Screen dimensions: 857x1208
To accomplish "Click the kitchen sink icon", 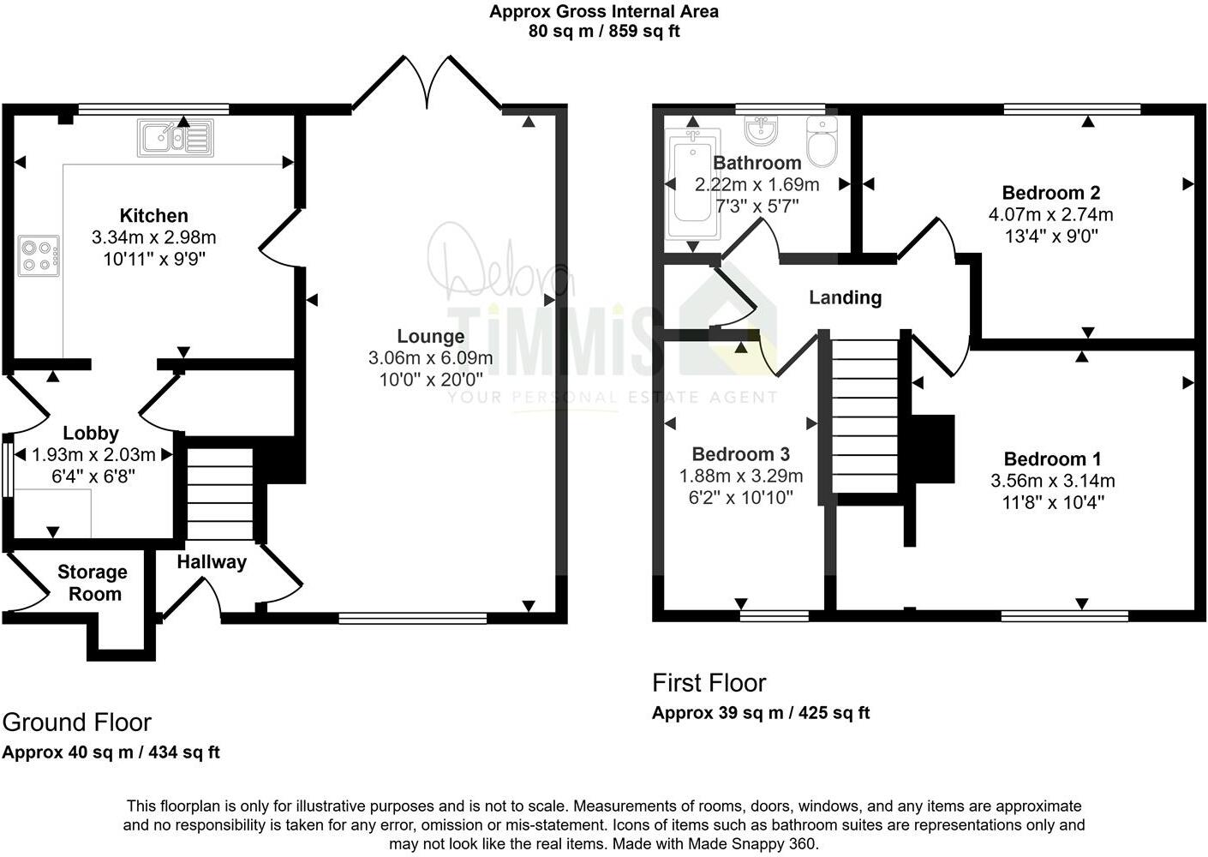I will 175,138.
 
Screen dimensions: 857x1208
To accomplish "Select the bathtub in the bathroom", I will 693,183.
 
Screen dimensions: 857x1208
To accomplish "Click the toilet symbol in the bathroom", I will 821,142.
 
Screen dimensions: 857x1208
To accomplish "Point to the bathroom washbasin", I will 761,129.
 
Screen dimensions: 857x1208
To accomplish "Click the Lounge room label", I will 430,336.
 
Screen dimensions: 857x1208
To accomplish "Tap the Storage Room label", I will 93,583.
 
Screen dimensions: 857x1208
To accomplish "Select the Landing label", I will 845,297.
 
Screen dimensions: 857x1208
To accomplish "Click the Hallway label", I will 212,562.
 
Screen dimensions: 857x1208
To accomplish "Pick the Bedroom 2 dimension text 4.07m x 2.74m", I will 1050,214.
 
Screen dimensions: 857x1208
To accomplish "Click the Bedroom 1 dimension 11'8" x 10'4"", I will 1053,502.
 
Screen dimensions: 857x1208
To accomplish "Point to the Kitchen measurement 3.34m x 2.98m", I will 154,237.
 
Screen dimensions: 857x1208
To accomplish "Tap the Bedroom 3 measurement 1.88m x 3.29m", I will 741,476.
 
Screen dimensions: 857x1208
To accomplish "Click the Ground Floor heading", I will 77,722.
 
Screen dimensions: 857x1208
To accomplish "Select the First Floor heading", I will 709,683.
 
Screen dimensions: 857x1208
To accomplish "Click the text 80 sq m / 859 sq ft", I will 604,32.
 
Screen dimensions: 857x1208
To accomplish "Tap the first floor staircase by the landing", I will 864,416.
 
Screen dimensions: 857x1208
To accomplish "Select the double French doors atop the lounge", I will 427,84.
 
